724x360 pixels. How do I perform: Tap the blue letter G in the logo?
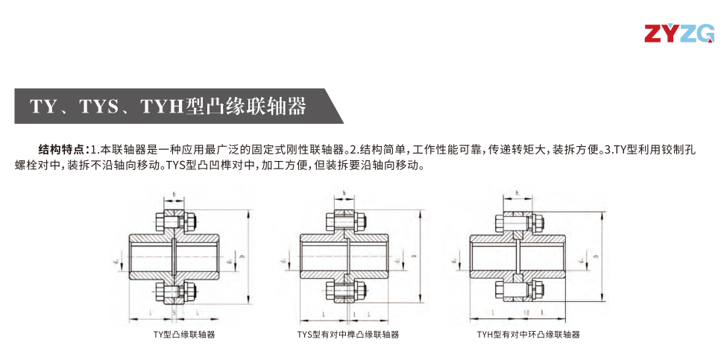[703, 34]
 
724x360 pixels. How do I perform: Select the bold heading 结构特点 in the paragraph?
[63, 149]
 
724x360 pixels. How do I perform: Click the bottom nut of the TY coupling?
[188, 290]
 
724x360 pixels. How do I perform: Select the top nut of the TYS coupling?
[358, 221]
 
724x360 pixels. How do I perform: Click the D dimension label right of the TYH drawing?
[599, 255]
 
